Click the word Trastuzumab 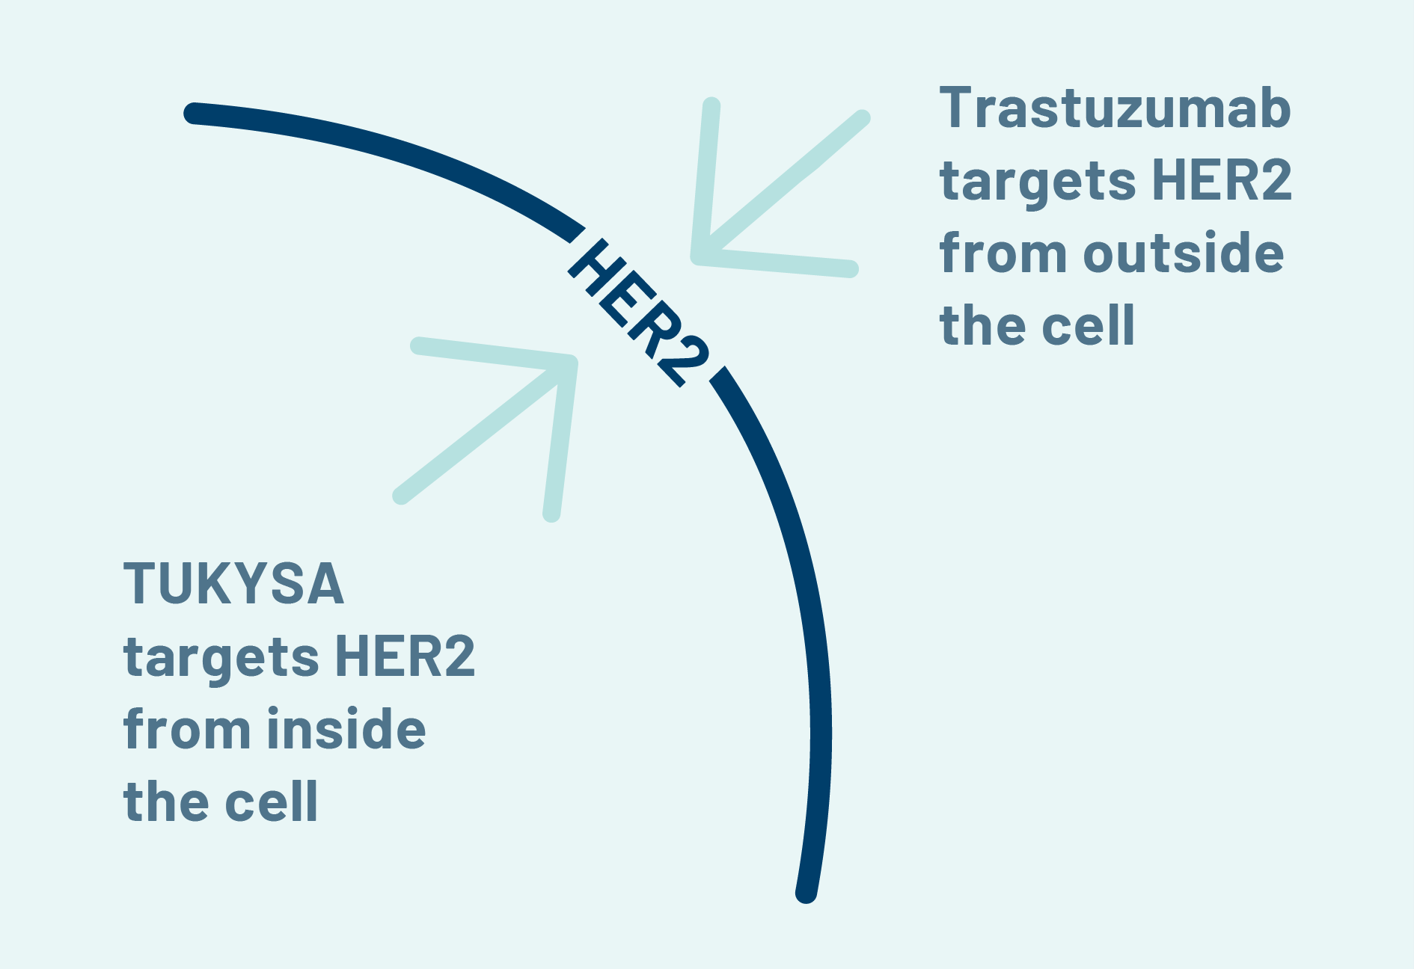pos(1115,108)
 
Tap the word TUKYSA pos(234,584)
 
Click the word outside pos(1184,253)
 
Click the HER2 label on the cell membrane pos(638,313)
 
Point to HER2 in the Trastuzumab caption pos(1222,181)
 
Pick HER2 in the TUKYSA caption pos(405,657)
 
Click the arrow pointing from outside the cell pos(778,187)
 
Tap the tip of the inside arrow pos(572,363)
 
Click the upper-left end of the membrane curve pos(193,113)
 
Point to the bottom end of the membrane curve pos(806,893)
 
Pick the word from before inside pos(187,728)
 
